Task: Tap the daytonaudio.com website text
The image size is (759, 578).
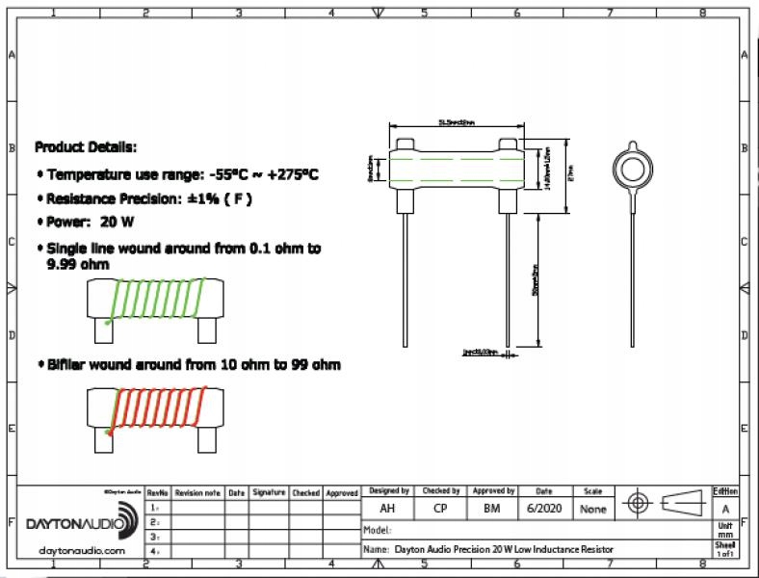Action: (x=82, y=550)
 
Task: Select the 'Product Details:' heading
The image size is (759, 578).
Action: (x=86, y=147)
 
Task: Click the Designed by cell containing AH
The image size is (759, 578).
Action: (x=387, y=508)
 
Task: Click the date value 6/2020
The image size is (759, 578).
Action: (x=542, y=508)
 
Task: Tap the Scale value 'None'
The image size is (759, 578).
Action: (x=592, y=508)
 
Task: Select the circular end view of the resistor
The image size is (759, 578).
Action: (x=633, y=168)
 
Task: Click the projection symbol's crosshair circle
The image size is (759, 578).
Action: (x=638, y=503)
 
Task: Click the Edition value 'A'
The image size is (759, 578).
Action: (x=725, y=508)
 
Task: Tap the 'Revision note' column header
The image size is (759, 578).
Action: (x=197, y=492)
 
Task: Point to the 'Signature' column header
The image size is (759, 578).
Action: (x=269, y=492)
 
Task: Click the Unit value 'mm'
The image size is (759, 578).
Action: (x=725, y=533)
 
